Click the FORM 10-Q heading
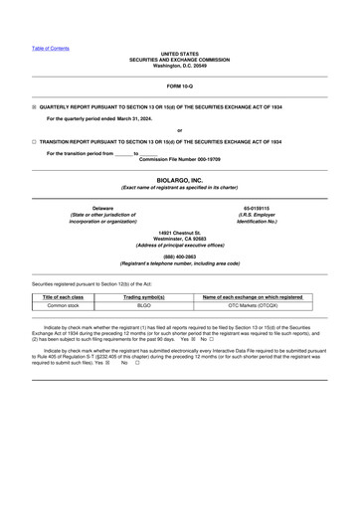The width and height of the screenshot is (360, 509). (x=180, y=87)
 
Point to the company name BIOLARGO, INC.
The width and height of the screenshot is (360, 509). (x=180, y=180)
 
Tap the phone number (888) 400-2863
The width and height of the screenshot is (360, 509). (x=180, y=256)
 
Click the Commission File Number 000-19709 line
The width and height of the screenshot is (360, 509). (x=180, y=159)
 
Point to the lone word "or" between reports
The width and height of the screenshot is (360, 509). (x=179, y=130)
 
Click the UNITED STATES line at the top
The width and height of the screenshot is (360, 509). (x=180, y=54)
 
